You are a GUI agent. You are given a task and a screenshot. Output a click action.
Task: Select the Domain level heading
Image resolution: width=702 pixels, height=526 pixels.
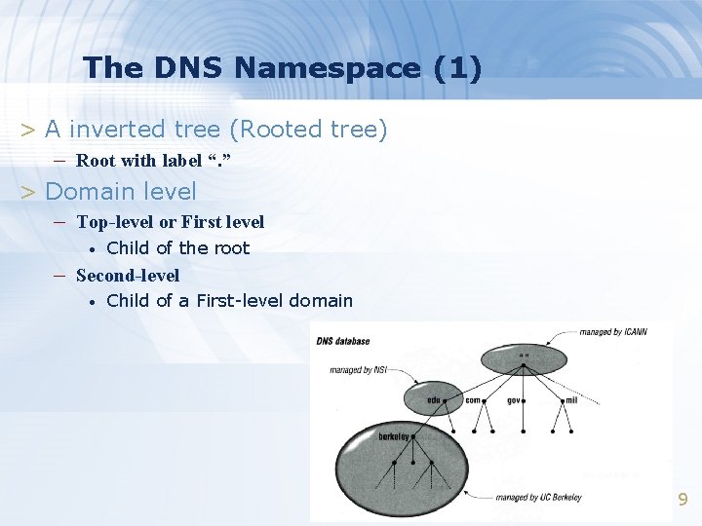point(120,192)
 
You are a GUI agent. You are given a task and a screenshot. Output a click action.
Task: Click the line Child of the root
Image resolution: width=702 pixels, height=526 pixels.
point(177,248)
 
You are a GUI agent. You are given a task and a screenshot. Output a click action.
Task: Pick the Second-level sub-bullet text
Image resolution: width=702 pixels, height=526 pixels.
point(128,276)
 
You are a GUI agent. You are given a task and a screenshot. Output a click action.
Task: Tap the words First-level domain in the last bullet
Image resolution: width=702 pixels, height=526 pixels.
point(274,301)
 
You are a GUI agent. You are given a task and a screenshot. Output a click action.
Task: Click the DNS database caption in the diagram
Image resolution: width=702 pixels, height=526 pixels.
point(342,341)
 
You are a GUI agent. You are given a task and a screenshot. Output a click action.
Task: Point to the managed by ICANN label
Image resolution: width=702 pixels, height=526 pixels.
point(613,332)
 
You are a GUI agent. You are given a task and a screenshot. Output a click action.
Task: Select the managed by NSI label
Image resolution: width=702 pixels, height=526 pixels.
point(359,370)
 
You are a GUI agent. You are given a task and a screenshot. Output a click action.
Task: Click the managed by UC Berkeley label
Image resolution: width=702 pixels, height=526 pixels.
point(538,498)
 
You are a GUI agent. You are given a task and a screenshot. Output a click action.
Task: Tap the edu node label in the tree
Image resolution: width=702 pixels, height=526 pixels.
point(434,400)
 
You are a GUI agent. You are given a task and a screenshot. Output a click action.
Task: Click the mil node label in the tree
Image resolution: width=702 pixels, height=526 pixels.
point(572,400)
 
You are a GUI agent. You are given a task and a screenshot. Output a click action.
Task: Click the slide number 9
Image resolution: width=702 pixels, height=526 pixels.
point(682,500)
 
